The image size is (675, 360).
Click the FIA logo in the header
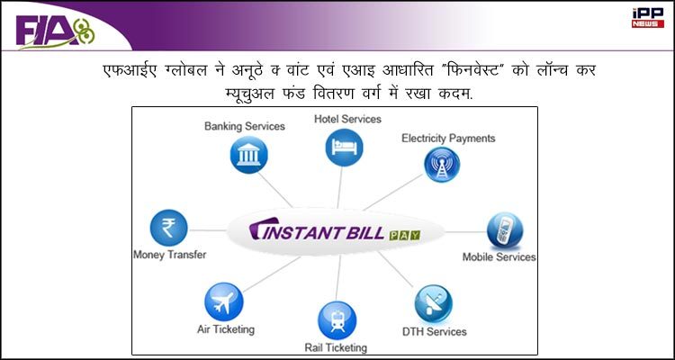[x=55, y=32]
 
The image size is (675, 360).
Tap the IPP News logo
[x=648, y=18]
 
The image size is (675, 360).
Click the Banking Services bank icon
[x=248, y=155]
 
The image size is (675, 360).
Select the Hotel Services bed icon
[x=344, y=148]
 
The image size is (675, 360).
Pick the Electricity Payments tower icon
[x=442, y=165]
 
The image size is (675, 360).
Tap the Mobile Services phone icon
[x=505, y=230]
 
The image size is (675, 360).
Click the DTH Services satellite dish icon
[x=434, y=303]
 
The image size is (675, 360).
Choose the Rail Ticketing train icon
[x=337, y=320]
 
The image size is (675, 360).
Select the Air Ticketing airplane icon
[x=224, y=301]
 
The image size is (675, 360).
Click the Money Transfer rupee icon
[x=169, y=228]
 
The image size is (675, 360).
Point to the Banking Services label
[x=245, y=126]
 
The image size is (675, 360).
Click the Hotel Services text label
[x=347, y=119]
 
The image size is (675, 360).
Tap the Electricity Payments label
[x=448, y=139]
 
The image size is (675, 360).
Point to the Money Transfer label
[x=169, y=255]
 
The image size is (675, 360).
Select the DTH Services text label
[x=435, y=331]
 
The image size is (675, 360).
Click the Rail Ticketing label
[x=336, y=347]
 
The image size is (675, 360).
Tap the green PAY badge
[x=405, y=236]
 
